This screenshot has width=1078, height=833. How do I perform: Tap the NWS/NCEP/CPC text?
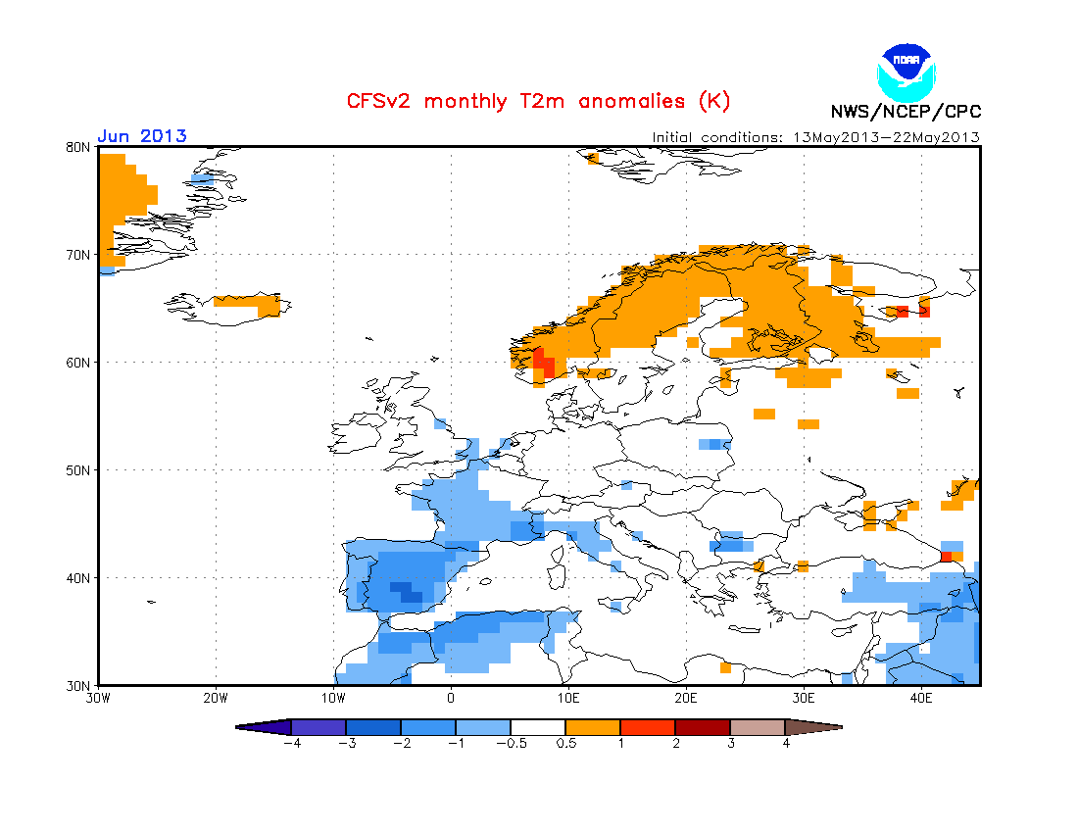pos(906,111)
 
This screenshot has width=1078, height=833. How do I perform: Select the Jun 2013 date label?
pos(141,136)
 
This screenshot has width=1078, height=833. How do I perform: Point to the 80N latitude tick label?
pos(78,147)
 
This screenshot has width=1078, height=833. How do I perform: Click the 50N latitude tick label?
pos(78,470)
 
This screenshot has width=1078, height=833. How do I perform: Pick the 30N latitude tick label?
pos(78,685)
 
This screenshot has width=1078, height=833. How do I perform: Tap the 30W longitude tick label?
pos(98,699)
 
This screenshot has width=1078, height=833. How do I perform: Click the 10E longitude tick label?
pos(568,699)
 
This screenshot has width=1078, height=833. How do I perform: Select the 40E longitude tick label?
pos(921,699)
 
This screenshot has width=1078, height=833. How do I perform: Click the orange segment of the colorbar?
pos(593,727)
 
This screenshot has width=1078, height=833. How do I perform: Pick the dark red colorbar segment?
pos(703,727)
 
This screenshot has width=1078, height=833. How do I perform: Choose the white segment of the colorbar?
pos(538,727)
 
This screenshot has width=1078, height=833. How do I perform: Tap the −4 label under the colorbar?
pos(290,743)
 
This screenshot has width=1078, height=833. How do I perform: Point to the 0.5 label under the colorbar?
pos(566,743)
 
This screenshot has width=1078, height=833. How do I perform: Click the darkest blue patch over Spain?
pos(405,591)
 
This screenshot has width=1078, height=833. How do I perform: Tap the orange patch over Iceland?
pos(248,301)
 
